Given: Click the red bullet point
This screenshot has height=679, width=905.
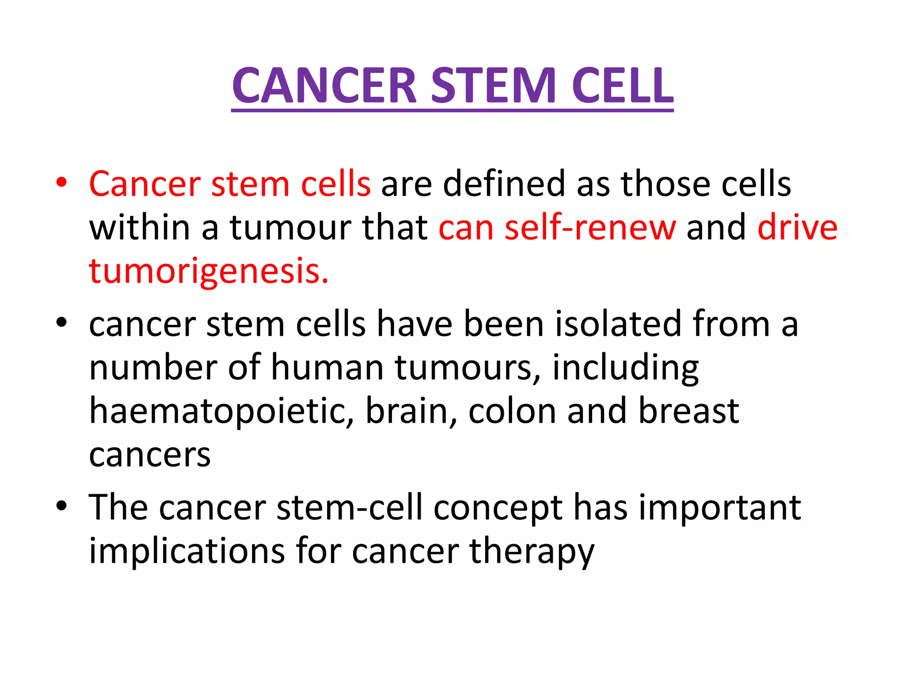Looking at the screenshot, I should (61, 182).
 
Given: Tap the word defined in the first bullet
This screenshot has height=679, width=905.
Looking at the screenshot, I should (504, 184).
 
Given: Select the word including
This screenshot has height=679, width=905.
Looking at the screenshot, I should (625, 368).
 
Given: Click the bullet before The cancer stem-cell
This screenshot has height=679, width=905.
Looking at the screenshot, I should (61, 505).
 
